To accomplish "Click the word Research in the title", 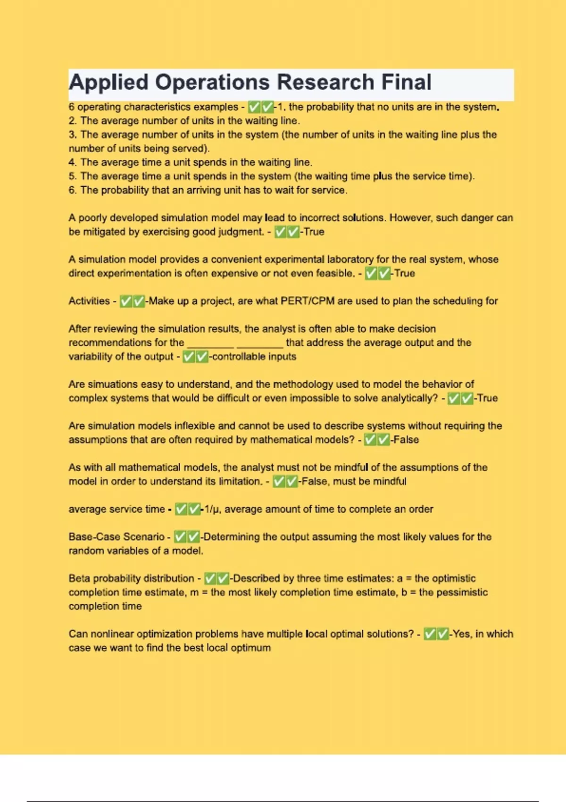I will pos(325,83).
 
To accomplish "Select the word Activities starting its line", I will pos(89,301).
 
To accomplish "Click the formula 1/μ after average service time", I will pos(212,509).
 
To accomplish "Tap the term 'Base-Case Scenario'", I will pos(116,537).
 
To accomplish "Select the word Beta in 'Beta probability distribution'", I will pos(80,578).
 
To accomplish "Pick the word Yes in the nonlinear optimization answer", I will pos(461,634).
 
